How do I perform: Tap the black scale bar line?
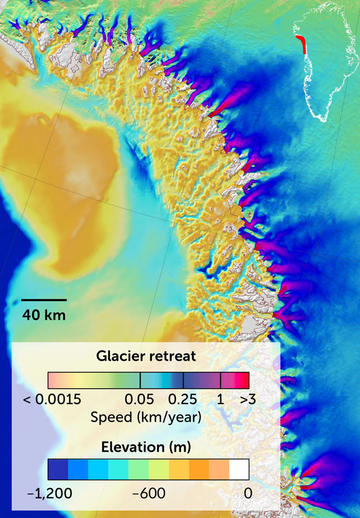coord(44,300)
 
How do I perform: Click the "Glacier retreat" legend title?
coord(146,356)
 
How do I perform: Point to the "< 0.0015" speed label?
coord(52,400)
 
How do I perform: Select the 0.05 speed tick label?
coord(140,400)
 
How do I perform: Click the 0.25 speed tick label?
coord(183,400)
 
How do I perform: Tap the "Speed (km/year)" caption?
coord(146,417)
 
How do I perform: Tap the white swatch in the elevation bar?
coord(239,470)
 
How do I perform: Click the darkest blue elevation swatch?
coord(58,470)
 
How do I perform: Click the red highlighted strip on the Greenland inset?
coord(303,46)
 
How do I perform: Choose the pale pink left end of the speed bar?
coord(53,381)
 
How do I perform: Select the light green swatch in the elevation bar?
coord(138,470)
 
